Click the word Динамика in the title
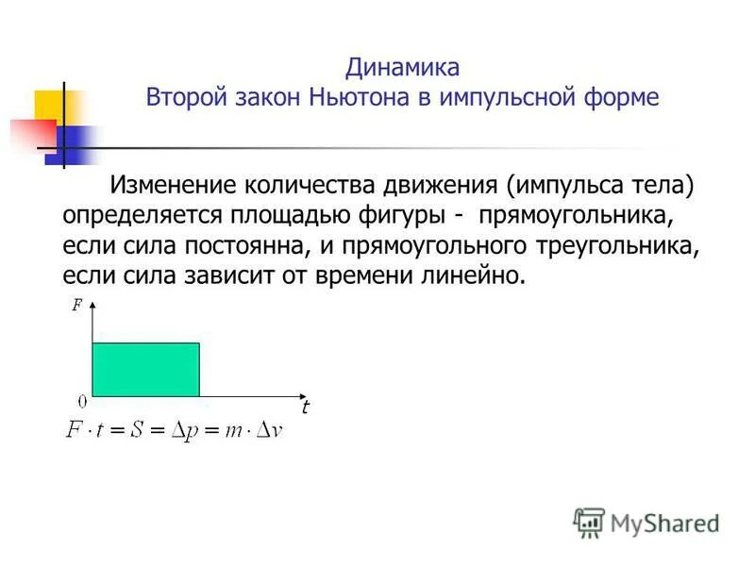[402, 67]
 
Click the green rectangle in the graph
[145, 369]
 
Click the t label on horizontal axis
[305, 408]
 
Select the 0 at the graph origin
[83, 400]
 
